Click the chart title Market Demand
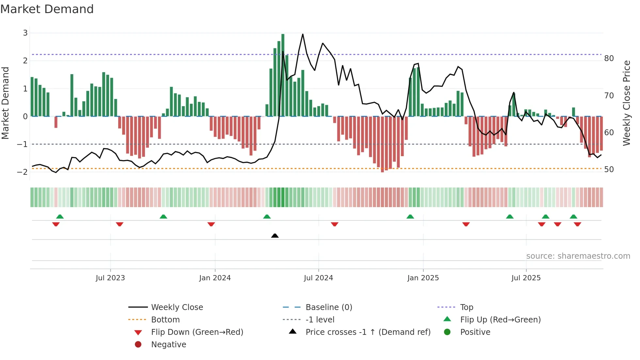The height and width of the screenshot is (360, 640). tap(47, 9)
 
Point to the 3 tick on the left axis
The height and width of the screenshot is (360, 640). tap(25, 33)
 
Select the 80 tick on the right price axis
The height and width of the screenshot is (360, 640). tap(609, 58)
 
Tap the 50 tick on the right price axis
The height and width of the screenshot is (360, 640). tap(609, 170)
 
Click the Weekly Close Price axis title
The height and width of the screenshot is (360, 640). tap(626, 103)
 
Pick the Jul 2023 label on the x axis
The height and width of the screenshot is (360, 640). tap(110, 278)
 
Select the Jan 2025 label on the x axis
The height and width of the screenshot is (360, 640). tap(423, 278)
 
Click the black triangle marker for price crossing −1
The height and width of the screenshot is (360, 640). tap(275, 236)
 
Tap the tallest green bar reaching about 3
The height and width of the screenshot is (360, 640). tap(283, 75)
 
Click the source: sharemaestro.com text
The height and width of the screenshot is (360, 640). tap(578, 256)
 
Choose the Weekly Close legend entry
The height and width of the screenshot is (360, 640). tap(177, 307)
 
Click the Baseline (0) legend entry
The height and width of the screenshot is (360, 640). tap(329, 307)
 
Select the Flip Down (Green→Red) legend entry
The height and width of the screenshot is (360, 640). tap(197, 332)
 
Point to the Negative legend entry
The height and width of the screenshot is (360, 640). tap(168, 345)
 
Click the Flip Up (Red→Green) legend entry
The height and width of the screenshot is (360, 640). tap(500, 320)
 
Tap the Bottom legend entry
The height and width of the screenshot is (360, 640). tap(165, 320)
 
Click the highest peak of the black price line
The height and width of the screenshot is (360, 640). tap(303, 34)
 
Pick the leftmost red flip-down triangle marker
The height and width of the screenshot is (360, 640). tap(56, 224)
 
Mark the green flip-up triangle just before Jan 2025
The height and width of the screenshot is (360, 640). tap(410, 217)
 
